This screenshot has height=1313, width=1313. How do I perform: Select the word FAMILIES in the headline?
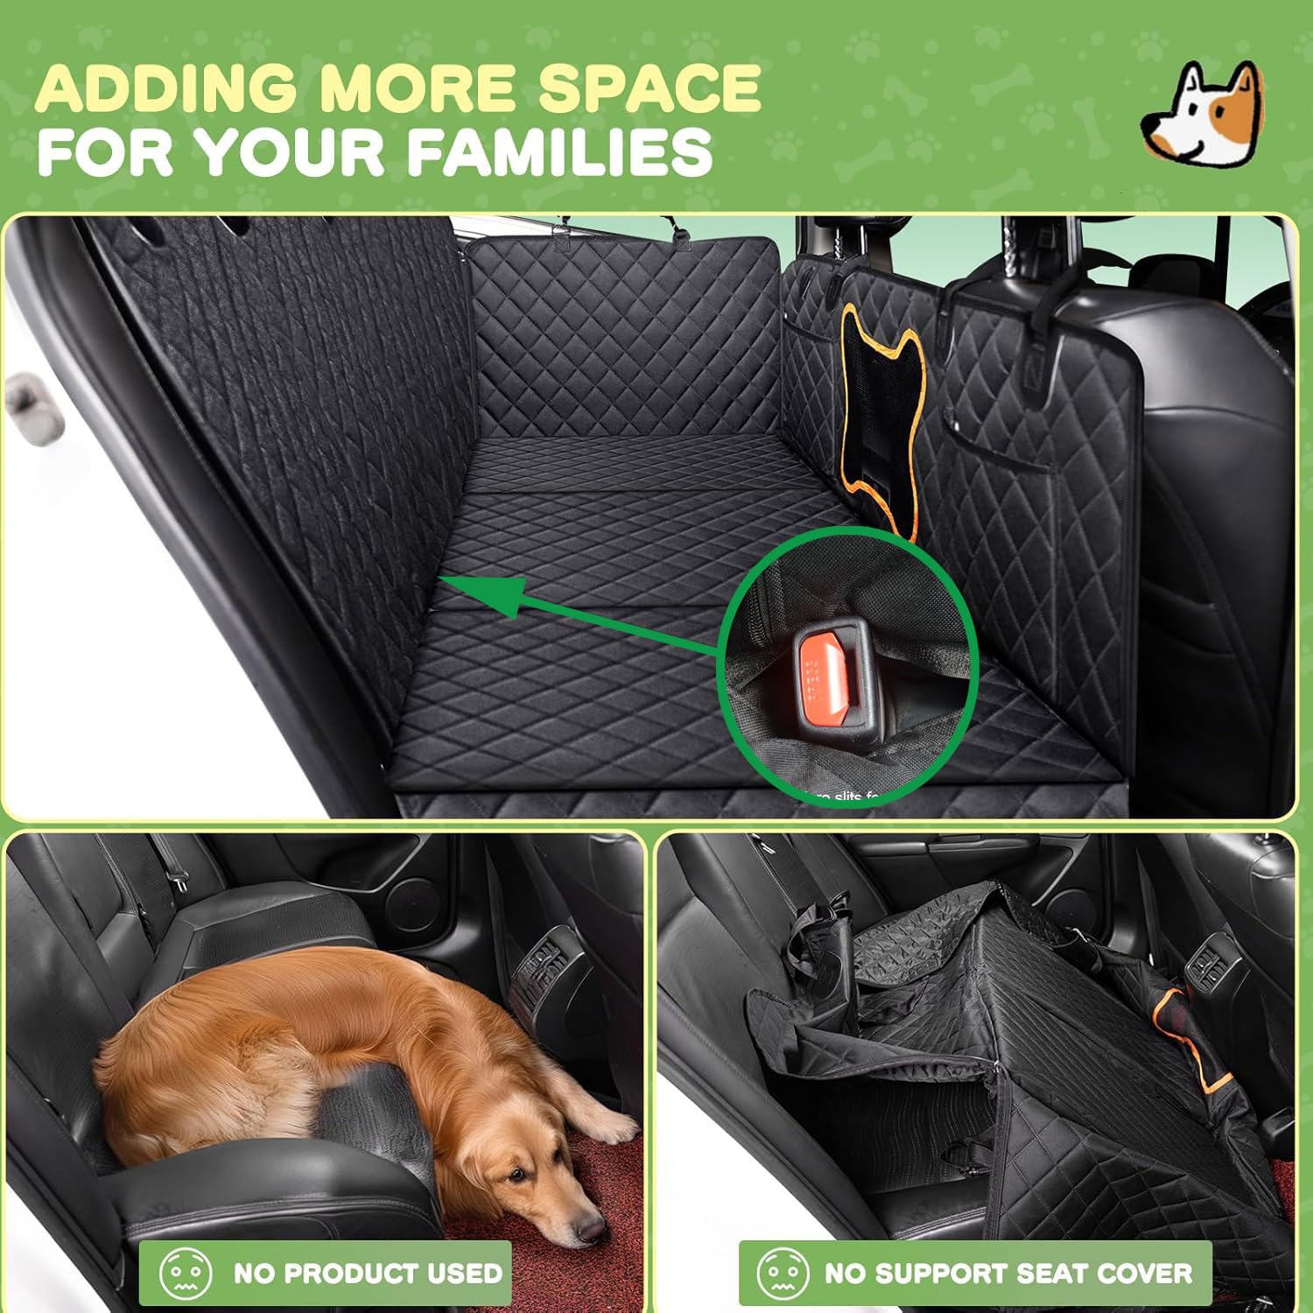click(559, 152)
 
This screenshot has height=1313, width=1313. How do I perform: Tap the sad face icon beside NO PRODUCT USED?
click(185, 1273)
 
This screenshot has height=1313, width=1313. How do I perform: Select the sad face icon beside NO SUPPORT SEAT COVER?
click(782, 1273)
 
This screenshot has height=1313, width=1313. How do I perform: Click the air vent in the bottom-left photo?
click(537, 972)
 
